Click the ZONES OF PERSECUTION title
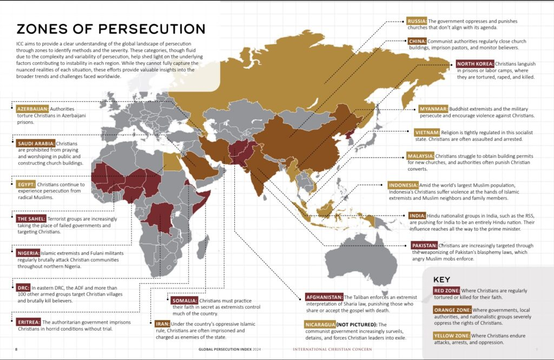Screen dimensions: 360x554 tap(111, 29)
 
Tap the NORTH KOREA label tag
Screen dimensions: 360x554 tap(473, 63)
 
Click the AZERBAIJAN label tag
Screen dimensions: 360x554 tap(33, 108)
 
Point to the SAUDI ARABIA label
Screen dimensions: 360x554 tap(35, 143)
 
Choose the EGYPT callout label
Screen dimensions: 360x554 tap(26, 184)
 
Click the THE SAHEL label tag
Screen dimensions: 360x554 tap(35, 219)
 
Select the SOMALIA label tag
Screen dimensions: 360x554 tap(183, 300)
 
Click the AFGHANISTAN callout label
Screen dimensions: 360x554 tap(324, 297)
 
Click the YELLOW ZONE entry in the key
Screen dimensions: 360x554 tap(451, 336)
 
